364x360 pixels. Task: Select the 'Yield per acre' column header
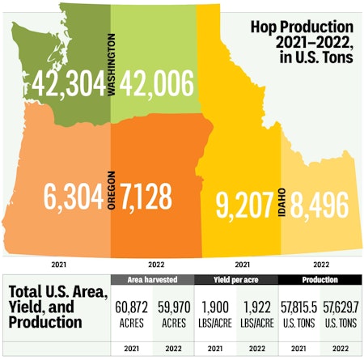(235, 280)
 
